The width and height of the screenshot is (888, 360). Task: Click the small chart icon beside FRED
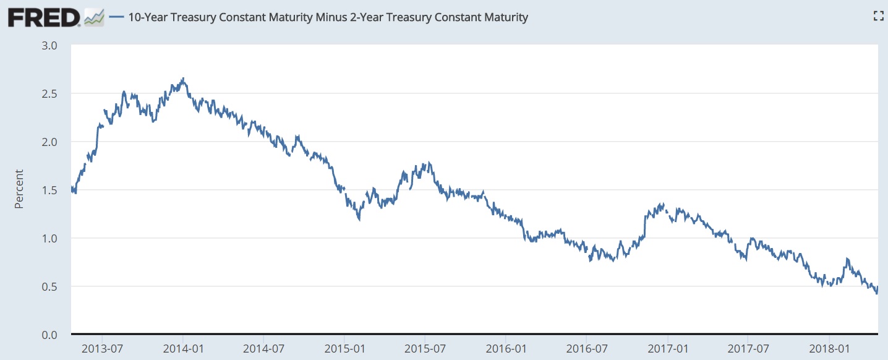pos(94,17)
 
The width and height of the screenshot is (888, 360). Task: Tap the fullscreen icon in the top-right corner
pos(877,17)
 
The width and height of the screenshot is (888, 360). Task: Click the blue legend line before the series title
pos(116,17)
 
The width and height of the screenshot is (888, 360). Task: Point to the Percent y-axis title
pos(19,189)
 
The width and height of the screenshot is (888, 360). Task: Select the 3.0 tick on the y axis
pos(49,45)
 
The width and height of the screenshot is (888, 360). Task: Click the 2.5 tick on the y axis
pos(49,93)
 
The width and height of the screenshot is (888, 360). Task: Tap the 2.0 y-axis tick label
pos(49,142)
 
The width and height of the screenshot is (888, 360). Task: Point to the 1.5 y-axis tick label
pos(49,190)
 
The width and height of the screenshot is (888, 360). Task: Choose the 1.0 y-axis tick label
pos(49,238)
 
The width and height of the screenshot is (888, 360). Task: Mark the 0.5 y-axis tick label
pos(49,286)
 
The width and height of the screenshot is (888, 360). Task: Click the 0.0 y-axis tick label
pos(49,335)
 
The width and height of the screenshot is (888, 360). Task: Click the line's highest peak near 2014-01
pos(183,79)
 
